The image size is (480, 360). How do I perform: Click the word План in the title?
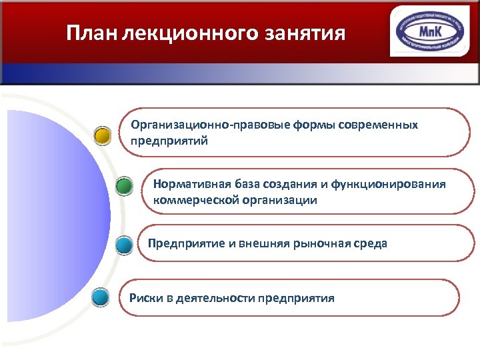pyautogui.click(x=92, y=33)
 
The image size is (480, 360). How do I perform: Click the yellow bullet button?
pyautogui.click(x=102, y=136)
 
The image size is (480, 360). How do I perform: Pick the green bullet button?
pyautogui.click(x=124, y=187)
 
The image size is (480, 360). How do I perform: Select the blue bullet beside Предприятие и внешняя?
pyautogui.click(x=124, y=245)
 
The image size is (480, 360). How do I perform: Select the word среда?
pyautogui.click(x=370, y=243)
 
